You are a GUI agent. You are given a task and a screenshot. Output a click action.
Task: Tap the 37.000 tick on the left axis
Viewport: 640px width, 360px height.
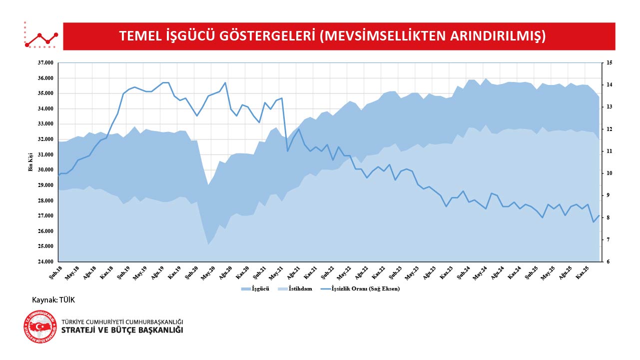(45, 63)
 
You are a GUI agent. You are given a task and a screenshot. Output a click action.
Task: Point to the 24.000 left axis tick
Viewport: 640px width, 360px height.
(45, 261)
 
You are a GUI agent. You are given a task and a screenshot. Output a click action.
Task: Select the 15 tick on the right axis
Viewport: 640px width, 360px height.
(609, 63)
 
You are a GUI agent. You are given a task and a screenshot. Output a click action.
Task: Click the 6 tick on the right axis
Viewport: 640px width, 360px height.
(608, 261)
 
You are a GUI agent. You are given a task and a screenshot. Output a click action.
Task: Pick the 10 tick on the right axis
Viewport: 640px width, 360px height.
(609, 173)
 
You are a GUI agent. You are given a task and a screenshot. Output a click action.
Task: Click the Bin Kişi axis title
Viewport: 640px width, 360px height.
(30, 162)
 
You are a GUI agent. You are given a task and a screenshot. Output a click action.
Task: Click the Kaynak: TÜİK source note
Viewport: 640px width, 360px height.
(53, 299)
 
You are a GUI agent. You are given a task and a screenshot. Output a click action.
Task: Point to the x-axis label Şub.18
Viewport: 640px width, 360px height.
(55, 272)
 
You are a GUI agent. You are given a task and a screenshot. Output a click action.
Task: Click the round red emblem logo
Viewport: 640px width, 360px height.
(40, 326)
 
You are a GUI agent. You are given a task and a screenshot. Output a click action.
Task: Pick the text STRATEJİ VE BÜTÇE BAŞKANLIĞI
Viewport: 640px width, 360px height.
(122, 330)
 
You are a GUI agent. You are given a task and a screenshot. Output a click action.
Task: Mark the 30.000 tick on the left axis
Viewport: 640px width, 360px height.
(45, 170)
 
